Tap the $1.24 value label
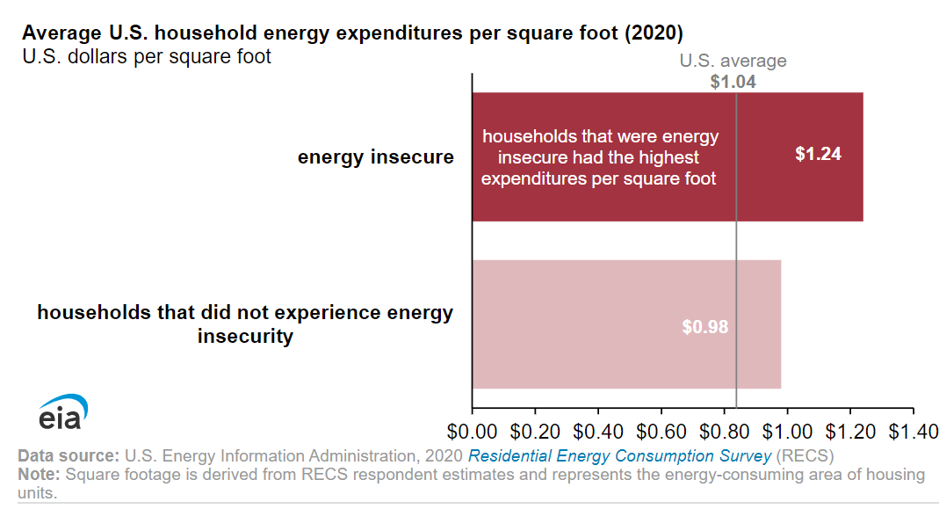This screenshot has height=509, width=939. pyautogui.click(x=818, y=154)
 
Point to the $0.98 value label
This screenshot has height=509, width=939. pyautogui.click(x=705, y=326)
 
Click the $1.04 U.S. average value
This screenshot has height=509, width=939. pyautogui.click(x=733, y=82)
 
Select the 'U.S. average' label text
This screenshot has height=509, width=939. pyautogui.click(x=733, y=62)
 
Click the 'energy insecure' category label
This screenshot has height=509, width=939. pyautogui.click(x=375, y=157)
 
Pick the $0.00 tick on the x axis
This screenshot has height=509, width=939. pyautogui.click(x=473, y=432)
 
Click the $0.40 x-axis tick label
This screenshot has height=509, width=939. pyautogui.click(x=598, y=432)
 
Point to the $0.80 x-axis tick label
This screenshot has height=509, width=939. pyautogui.click(x=725, y=432)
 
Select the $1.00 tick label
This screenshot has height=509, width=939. pyautogui.click(x=788, y=432)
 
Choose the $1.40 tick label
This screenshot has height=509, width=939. pyautogui.click(x=913, y=432)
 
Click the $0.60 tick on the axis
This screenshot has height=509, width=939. pyautogui.click(x=661, y=432)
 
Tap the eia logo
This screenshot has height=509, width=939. pyautogui.click(x=62, y=413)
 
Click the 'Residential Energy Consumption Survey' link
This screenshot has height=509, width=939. pyautogui.click(x=619, y=456)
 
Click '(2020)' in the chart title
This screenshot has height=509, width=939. pyautogui.click(x=651, y=33)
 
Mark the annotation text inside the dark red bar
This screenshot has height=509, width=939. pyautogui.click(x=600, y=157)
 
